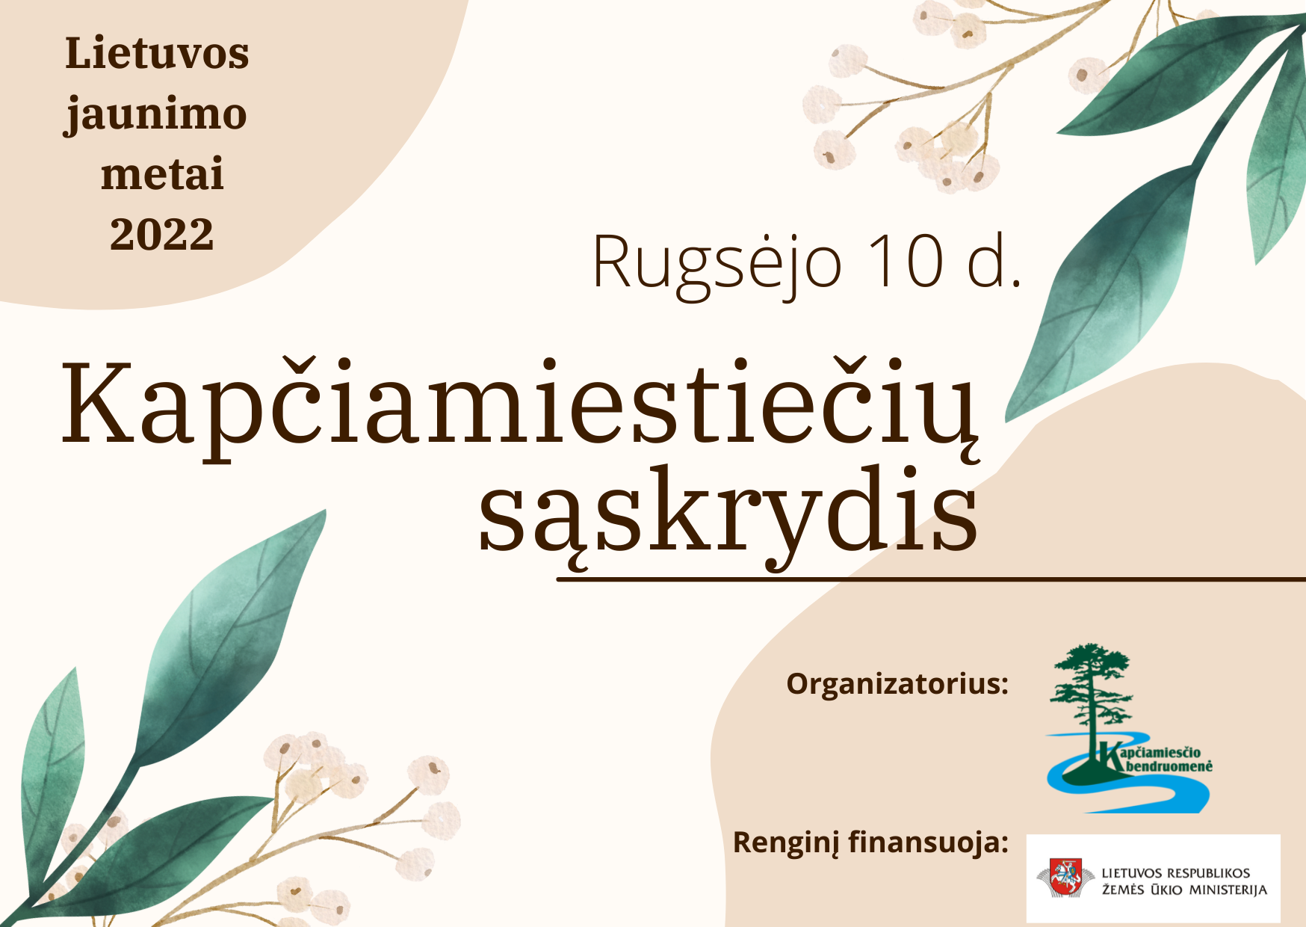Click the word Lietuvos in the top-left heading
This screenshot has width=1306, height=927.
[x=157, y=54]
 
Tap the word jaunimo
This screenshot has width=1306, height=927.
[x=155, y=116]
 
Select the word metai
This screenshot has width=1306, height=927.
[x=163, y=174]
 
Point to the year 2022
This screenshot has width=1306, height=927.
[x=162, y=234]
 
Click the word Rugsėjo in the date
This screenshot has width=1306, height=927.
[x=717, y=264]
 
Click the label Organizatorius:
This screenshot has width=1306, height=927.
[x=897, y=683]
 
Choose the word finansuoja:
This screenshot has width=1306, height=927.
[x=929, y=843]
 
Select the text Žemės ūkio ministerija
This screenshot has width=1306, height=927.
[x=1184, y=890]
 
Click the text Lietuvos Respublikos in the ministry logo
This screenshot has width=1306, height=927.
[x=1176, y=872]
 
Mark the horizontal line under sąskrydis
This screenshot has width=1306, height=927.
[x=931, y=579]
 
